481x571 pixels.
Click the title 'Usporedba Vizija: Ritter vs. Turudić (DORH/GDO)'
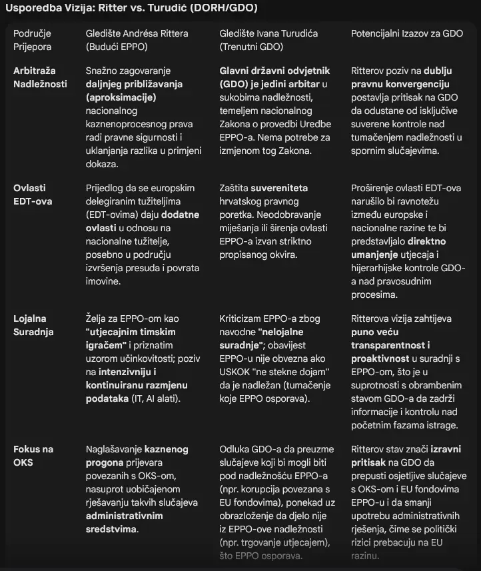pos(132,9)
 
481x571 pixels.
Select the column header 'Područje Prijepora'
pos(32,40)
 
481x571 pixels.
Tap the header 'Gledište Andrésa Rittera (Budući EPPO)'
pos(137,40)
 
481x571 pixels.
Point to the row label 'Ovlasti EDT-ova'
pos(33,195)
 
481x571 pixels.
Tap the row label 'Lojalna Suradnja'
pos(33,325)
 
